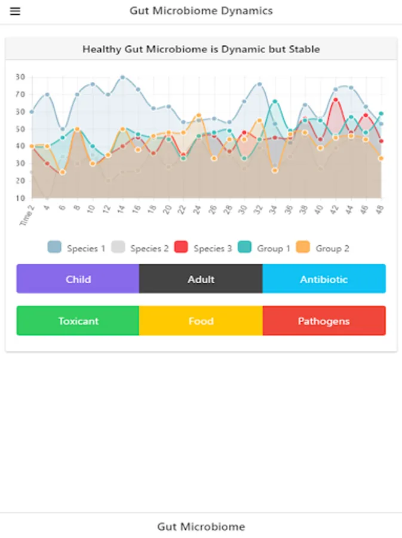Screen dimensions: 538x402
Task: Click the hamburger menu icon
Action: coord(15,11)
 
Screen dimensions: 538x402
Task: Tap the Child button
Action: coord(78,279)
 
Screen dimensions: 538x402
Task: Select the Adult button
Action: coord(201,279)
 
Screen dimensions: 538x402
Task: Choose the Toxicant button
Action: coord(78,321)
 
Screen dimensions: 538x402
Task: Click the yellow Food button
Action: coord(201,321)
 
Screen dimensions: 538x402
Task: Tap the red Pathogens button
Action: coord(324,321)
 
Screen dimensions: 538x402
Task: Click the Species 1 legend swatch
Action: coord(54,247)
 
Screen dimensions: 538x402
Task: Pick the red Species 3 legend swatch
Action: coord(181,247)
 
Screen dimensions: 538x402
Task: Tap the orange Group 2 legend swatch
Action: coord(303,247)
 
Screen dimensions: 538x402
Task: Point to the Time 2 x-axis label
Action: coord(27,215)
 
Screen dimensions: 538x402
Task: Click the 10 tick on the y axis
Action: coord(20,198)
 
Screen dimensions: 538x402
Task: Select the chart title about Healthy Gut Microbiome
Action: coord(201,49)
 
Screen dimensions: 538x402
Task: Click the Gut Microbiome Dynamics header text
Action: coord(201,11)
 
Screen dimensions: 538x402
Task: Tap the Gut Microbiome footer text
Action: coord(201,527)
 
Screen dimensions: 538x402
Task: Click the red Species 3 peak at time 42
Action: coord(336,100)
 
